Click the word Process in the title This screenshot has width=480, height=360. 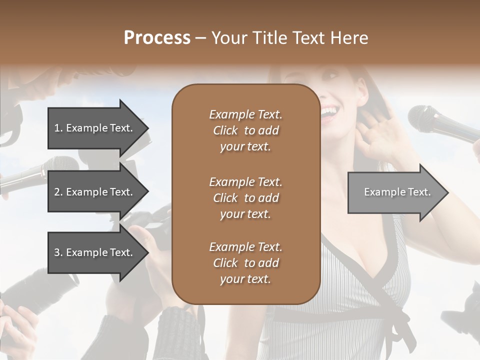pyautogui.click(x=157, y=38)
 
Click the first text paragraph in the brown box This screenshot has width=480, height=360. pyautogui.click(x=245, y=130)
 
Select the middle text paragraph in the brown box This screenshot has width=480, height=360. pyautogui.click(x=245, y=198)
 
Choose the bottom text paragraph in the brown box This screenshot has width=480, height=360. pyautogui.click(x=245, y=263)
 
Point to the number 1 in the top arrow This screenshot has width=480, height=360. pyautogui.click(x=56, y=128)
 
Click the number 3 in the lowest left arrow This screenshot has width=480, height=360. pyautogui.click(x=56, y=252)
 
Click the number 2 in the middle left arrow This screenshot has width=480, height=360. pyautogui.click(x=56, y=192)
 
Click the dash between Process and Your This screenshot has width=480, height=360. pyautogui.click(x=200, y=38)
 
